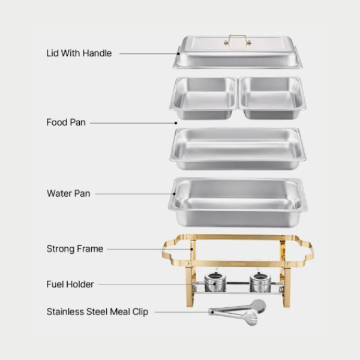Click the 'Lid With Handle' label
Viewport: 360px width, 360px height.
pos(79,53)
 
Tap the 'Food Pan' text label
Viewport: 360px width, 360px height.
pos(66,122)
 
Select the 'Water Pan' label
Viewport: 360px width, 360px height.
pos(68,193)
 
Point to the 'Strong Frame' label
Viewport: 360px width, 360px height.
pos(75,248)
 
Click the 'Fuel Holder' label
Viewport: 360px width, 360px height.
pos(70,284)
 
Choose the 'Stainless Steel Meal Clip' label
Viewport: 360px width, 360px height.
pos(97,311)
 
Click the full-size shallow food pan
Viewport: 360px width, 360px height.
pos(238,146)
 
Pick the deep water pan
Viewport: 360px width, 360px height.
pos(238,201)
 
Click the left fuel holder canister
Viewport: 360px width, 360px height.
pos(214,281)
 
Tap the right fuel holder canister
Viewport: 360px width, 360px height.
pos(260,281)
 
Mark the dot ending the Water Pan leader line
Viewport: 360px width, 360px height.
pos(175,194)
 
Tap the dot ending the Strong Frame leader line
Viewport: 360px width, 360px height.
pos(191,248)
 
